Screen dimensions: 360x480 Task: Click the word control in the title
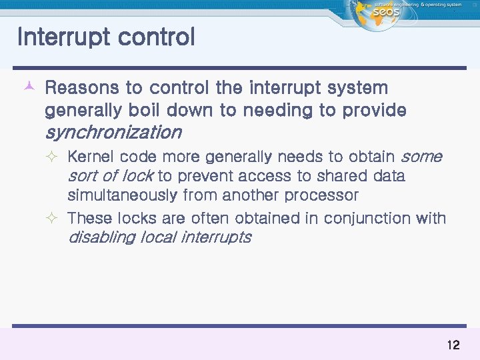point(157,37)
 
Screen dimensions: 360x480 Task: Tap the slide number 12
point(453,345)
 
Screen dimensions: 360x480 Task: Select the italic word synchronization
point(113,132)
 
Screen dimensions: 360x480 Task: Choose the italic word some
point(421,157)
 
